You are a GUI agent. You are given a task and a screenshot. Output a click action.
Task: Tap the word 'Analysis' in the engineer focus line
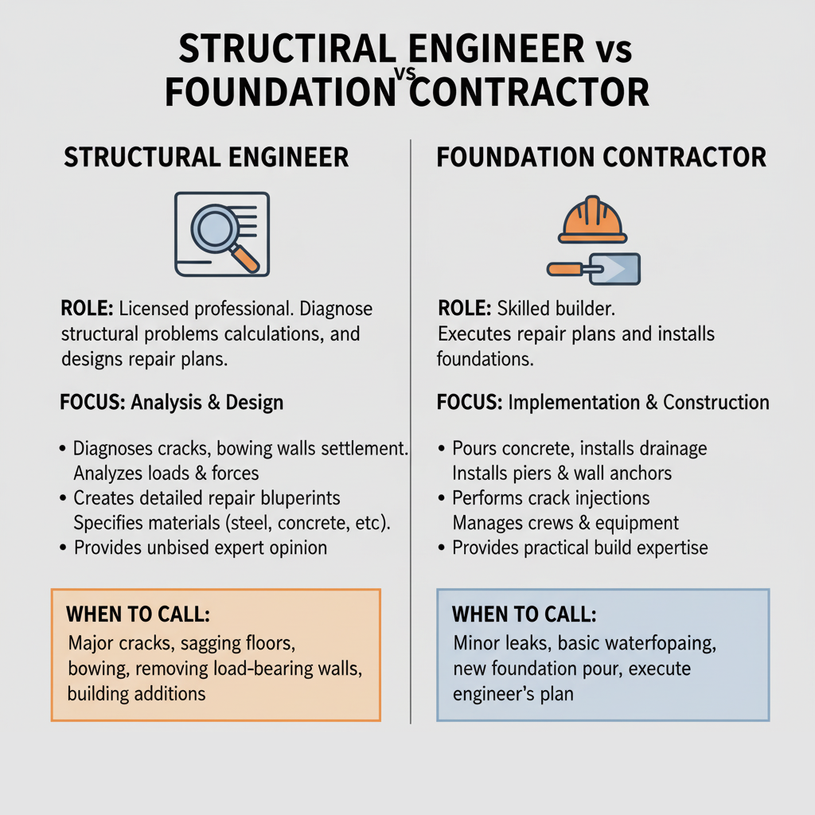166,402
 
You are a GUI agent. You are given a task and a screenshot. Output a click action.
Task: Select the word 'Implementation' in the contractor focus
573,402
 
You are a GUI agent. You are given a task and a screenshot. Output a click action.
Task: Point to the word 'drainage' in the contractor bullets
672,449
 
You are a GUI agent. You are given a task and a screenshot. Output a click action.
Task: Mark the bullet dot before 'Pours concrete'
442,450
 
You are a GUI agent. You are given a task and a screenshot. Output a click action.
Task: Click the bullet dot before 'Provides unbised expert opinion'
63,548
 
